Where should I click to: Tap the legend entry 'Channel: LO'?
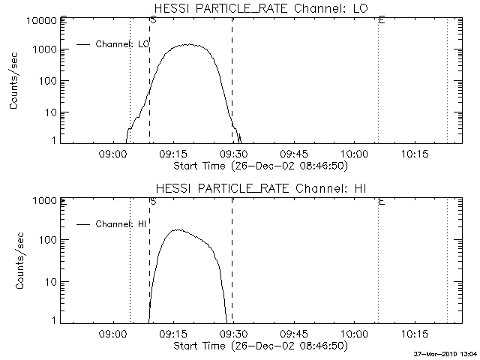124,44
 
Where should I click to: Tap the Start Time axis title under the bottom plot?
259,346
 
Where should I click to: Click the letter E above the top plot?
382,20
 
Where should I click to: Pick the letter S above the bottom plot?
153,202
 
